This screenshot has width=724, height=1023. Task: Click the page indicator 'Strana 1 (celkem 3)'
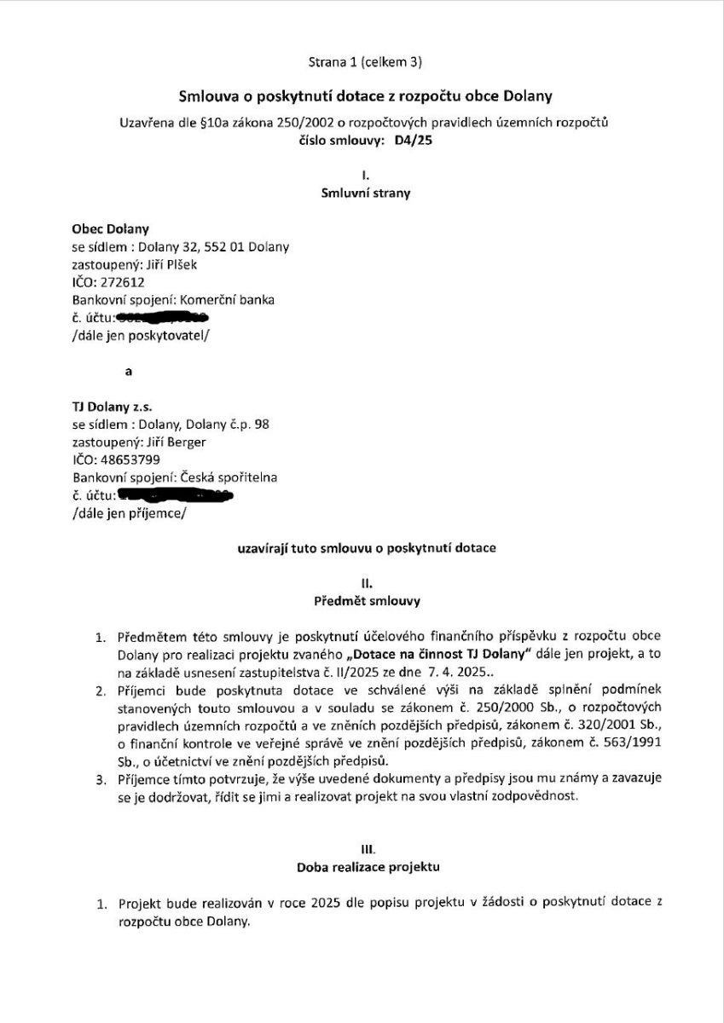pos(365,61)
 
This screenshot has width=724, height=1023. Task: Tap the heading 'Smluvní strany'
pos(365,194)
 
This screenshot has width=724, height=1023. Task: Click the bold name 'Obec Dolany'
pos(111,228)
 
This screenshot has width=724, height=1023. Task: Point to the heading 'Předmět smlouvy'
pos(365,601)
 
